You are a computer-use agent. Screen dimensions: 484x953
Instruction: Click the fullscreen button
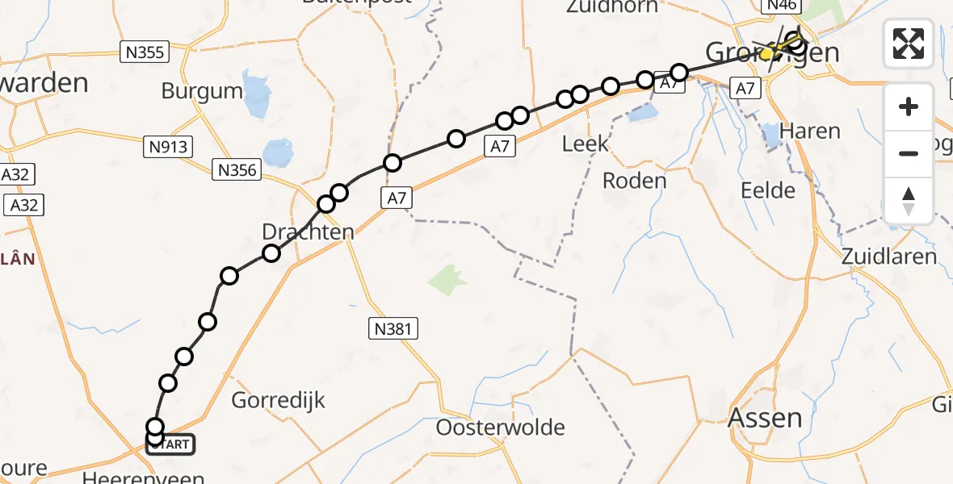pyautogui.click(x=909, y=44)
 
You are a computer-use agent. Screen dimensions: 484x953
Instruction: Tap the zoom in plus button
pyautogui.click(x=909, y=107)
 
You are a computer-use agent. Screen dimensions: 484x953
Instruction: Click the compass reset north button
pyautogui.click(x=909, y=200)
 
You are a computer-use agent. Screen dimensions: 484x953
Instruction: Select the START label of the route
pyautogui.click(x=170, y=444)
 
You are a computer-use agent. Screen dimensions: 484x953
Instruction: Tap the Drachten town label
pyautogui.click(x=308, y=232)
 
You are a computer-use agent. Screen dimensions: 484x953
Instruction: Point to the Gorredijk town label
pyautogui.click(x=279, y=399)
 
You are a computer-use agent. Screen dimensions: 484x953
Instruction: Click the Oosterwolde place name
pyautogui.click(x=501, y=427)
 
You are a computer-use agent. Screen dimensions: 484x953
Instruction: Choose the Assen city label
pyautogui.click(x=766, y=418)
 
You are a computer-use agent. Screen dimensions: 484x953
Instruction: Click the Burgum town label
pyautogui.click(x=202, y=91)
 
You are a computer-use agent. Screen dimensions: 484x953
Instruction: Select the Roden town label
pyautogui.click(x=635, y=180)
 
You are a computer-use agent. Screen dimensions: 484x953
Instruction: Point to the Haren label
pyautogui.click(x=811, y=131)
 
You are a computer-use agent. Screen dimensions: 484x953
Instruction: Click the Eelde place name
pyautogui.click(x=767, y=190)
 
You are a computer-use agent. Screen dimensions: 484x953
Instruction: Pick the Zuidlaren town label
pyautogui.click(x=888, y=257)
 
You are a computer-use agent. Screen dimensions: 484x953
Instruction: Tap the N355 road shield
pyautogui.click(x=145, y=53)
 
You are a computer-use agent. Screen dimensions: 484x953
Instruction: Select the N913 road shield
pyautogui.click(x=168, y=147)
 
